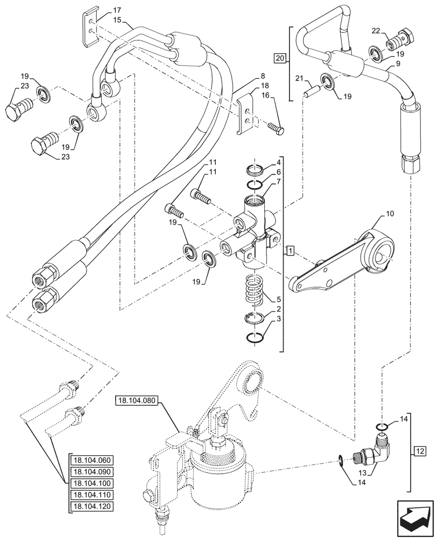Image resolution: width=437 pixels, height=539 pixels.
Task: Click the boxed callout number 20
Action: [x=279, y=58]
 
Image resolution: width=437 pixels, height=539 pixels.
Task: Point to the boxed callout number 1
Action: [x=290, y=251]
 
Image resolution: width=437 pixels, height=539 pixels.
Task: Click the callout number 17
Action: [x=117, y=10]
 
